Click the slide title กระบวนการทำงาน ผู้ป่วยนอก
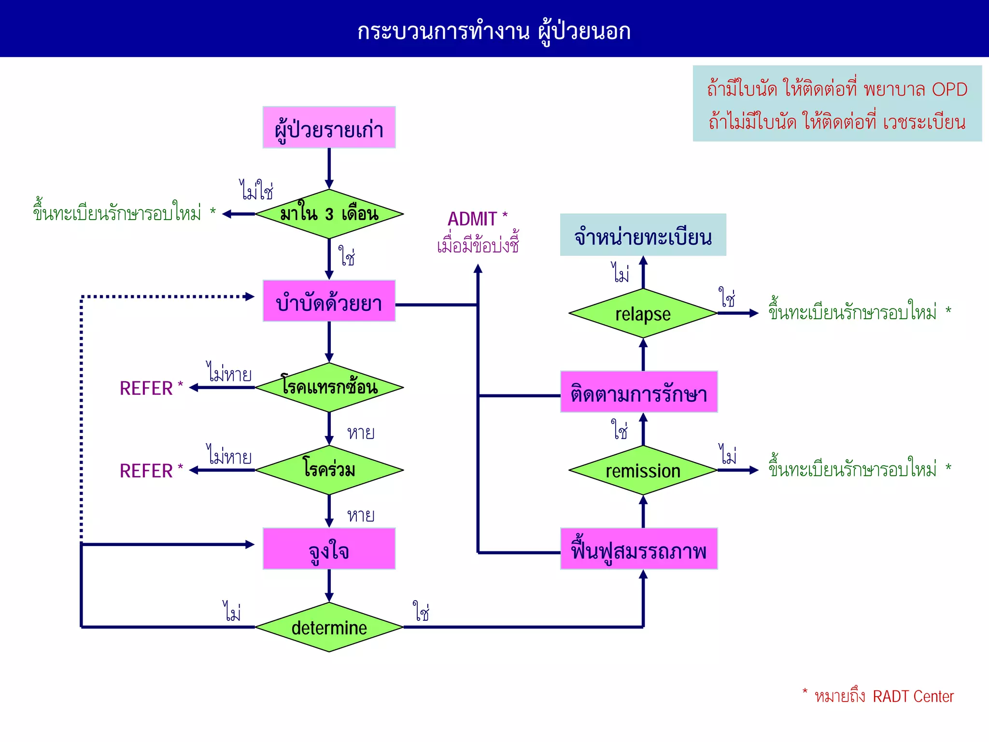(494, 31)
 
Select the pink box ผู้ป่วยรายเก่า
(329, 128)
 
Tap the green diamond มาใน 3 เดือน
(329, 214)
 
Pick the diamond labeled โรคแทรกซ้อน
(329, 387)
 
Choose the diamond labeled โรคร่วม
(329, 470)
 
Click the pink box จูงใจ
(329, 549)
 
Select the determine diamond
(329, 627)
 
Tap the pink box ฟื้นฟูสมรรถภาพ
(638, 549)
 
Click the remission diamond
(643, 470)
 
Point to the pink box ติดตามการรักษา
(638, 392)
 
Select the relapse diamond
(643, 313)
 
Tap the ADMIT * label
(477, 219)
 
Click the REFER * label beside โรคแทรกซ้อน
(151, 388)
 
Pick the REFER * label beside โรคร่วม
(151, 470)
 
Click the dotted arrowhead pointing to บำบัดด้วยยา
(250, 296)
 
